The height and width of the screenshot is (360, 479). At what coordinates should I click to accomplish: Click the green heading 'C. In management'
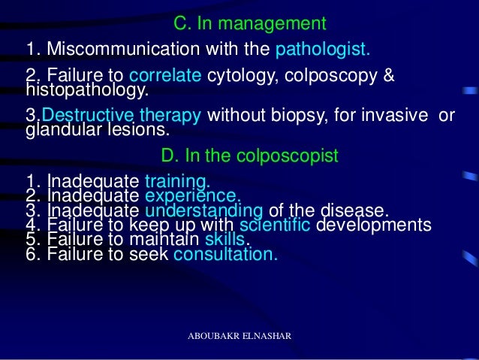click(x=250, y=23)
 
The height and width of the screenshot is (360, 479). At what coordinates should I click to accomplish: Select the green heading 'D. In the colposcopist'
click(x=250, y=156)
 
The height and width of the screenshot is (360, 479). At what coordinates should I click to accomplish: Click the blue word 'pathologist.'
click(x=323, y=50)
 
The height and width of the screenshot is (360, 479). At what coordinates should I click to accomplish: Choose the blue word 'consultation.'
click(x=225, y=254)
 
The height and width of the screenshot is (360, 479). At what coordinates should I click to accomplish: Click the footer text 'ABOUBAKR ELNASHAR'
click(x=239, y=335)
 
